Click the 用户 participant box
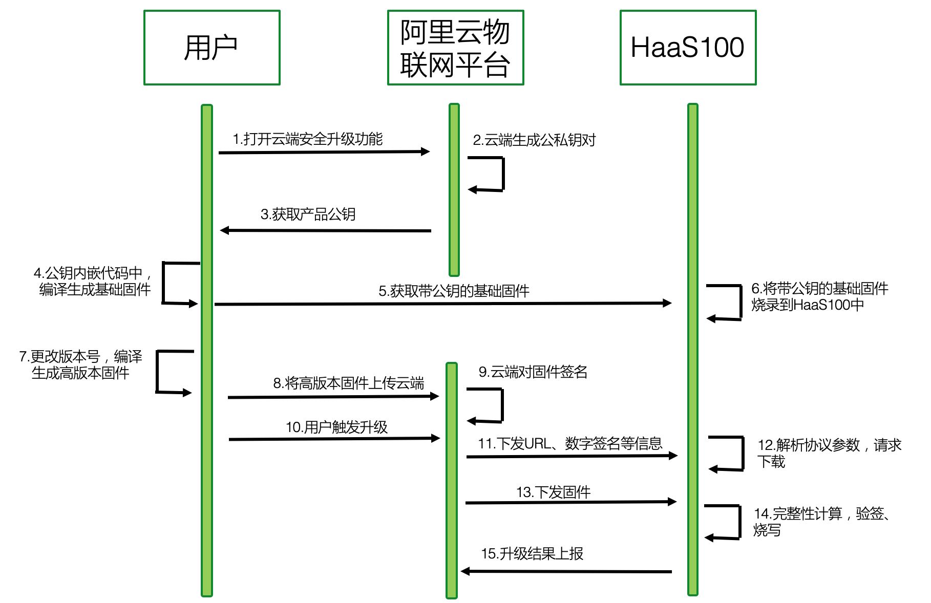(211, 48)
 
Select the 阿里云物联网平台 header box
(455, 48)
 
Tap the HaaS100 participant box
(688, 48)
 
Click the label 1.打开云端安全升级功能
(307, 139)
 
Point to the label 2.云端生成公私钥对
(534, 140)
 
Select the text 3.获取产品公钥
(308, 214)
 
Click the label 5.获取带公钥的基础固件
(454, 291)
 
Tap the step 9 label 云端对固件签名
(533, 372)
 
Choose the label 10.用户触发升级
(336, 427)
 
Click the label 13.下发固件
(553, 492)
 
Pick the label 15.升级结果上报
(532, 554)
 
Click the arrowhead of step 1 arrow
(425, 152)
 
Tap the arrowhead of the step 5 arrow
(667, 303)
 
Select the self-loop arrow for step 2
(503, 174)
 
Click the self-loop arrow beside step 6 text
(740, 303)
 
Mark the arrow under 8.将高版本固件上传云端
(333, 397)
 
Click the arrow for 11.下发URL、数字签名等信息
(571, 456)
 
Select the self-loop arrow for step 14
(739, 522)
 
